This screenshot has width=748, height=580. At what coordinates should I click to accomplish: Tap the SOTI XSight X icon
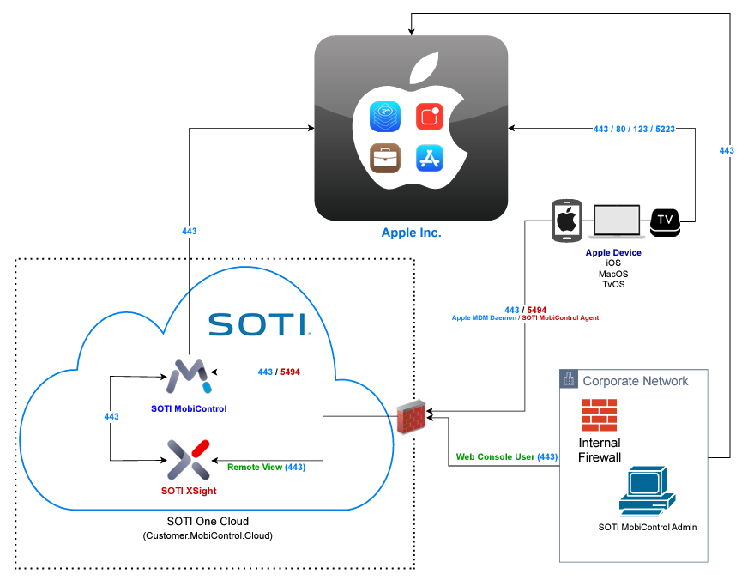(x=189, y=458)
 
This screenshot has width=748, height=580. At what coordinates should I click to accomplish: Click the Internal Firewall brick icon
(x=599, y=414)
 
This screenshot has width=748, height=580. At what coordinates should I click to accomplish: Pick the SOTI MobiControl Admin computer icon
(x=646, y=491)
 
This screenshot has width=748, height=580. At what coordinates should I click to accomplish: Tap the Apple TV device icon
(x=666, y=221)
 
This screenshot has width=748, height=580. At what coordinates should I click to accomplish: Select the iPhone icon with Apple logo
(x=566, y=221)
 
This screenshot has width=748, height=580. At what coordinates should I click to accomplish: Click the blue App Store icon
(x=428, y=158)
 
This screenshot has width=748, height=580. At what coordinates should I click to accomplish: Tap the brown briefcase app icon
(x=384, y=158)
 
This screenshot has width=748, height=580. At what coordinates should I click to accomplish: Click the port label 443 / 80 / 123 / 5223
(x=633, y=130)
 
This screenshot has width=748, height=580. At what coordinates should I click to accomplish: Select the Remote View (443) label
(x=266, y=468)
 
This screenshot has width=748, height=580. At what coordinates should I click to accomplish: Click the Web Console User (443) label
(x=506, y=457)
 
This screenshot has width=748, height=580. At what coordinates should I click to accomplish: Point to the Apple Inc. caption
(x=411, y=233)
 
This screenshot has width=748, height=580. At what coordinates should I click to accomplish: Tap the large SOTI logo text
(x=257, y=324)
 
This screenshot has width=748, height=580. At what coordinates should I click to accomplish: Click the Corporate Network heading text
(x=635, y=381)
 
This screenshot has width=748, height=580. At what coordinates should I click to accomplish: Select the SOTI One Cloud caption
(x=207, y=522)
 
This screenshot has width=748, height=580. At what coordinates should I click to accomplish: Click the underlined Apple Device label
(x=613, y=253)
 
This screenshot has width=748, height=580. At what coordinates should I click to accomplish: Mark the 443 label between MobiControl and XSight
(x=112, y=416)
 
